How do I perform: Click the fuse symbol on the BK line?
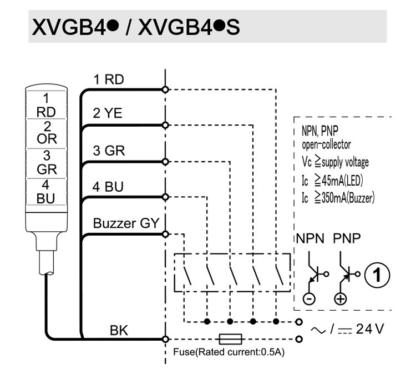coord(230,339)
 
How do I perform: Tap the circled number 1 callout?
coord(377,275)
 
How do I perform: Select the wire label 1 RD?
coord(109,79)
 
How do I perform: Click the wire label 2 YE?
coord(108,113)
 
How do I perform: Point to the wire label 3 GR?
coord(109,151)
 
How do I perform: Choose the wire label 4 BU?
coord(108,187)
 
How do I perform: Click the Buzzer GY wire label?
coord(126,223)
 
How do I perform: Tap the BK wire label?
coord(119,331)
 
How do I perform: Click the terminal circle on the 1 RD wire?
coord(165,89)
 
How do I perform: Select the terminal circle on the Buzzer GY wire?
coord(165,234)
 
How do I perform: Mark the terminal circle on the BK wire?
coord(165,339)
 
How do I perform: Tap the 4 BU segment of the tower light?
coord(46,192)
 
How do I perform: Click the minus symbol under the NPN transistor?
coord(309,299)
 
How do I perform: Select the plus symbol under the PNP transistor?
coord(341,299)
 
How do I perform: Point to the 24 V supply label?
coord(370,329)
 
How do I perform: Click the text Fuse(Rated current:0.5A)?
coord(229,352)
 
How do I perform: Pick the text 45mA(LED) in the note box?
coord(342,181)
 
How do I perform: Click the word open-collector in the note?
coord(326,144)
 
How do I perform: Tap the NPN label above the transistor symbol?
coord(310,238)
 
